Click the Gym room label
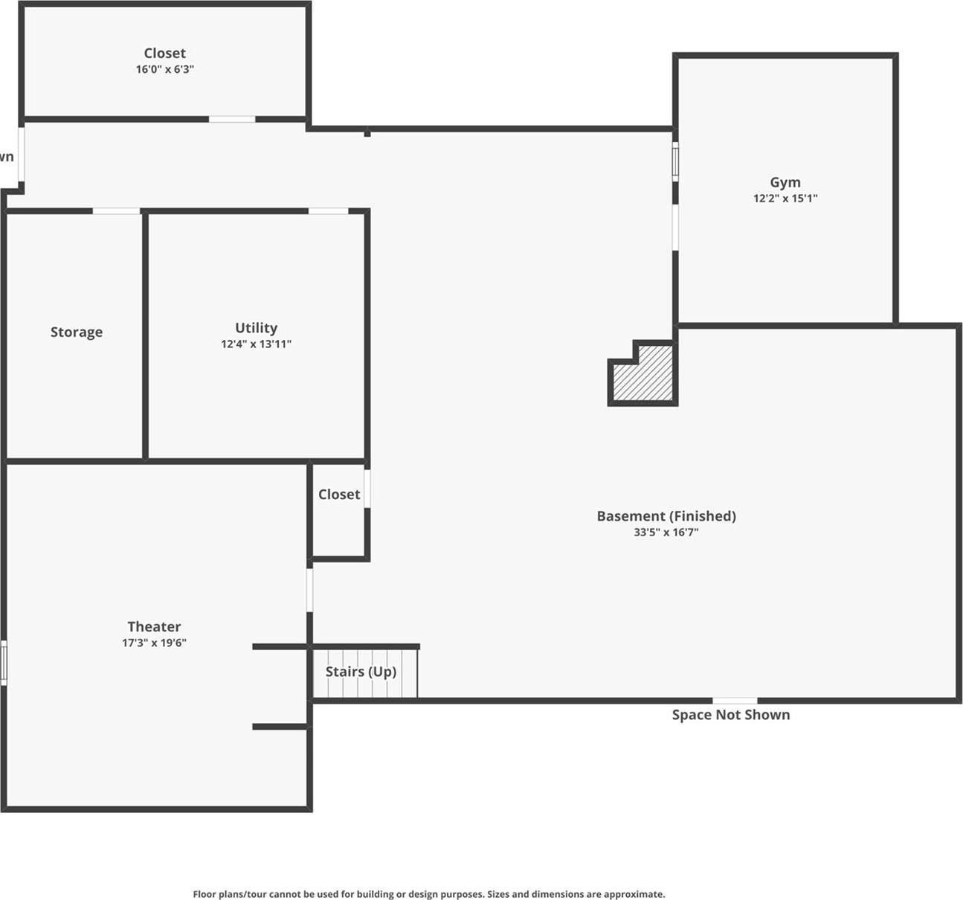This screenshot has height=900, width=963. tap(785, 182)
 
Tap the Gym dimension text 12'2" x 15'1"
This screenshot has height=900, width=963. tap(785, 199)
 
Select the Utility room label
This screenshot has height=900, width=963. tap(256, 328)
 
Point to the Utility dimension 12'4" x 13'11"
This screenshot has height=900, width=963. tap(256, 344)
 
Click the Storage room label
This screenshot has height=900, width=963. tap(77, 332)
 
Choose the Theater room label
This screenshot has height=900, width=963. tap(154, 627)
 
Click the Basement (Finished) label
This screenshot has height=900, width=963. tap(666, 516)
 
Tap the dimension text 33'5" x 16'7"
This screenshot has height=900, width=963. tap(666, 533)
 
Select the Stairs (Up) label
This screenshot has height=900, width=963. tap(361, 672)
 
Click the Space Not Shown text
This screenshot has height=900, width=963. tap(731, 715)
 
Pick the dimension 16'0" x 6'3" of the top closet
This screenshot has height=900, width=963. tap(165, 69)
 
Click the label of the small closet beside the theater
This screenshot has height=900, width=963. tap(339, 495)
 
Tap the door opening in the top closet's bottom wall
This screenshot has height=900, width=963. tap(232, 119)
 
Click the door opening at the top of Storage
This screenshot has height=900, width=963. tap(116, 211)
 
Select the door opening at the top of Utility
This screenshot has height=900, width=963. tap(328, 211)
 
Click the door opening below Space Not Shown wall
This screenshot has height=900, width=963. tap(735, 701)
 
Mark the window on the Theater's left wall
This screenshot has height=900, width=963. tap(4, 663)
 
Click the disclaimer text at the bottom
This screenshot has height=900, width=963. tap(429, 894)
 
